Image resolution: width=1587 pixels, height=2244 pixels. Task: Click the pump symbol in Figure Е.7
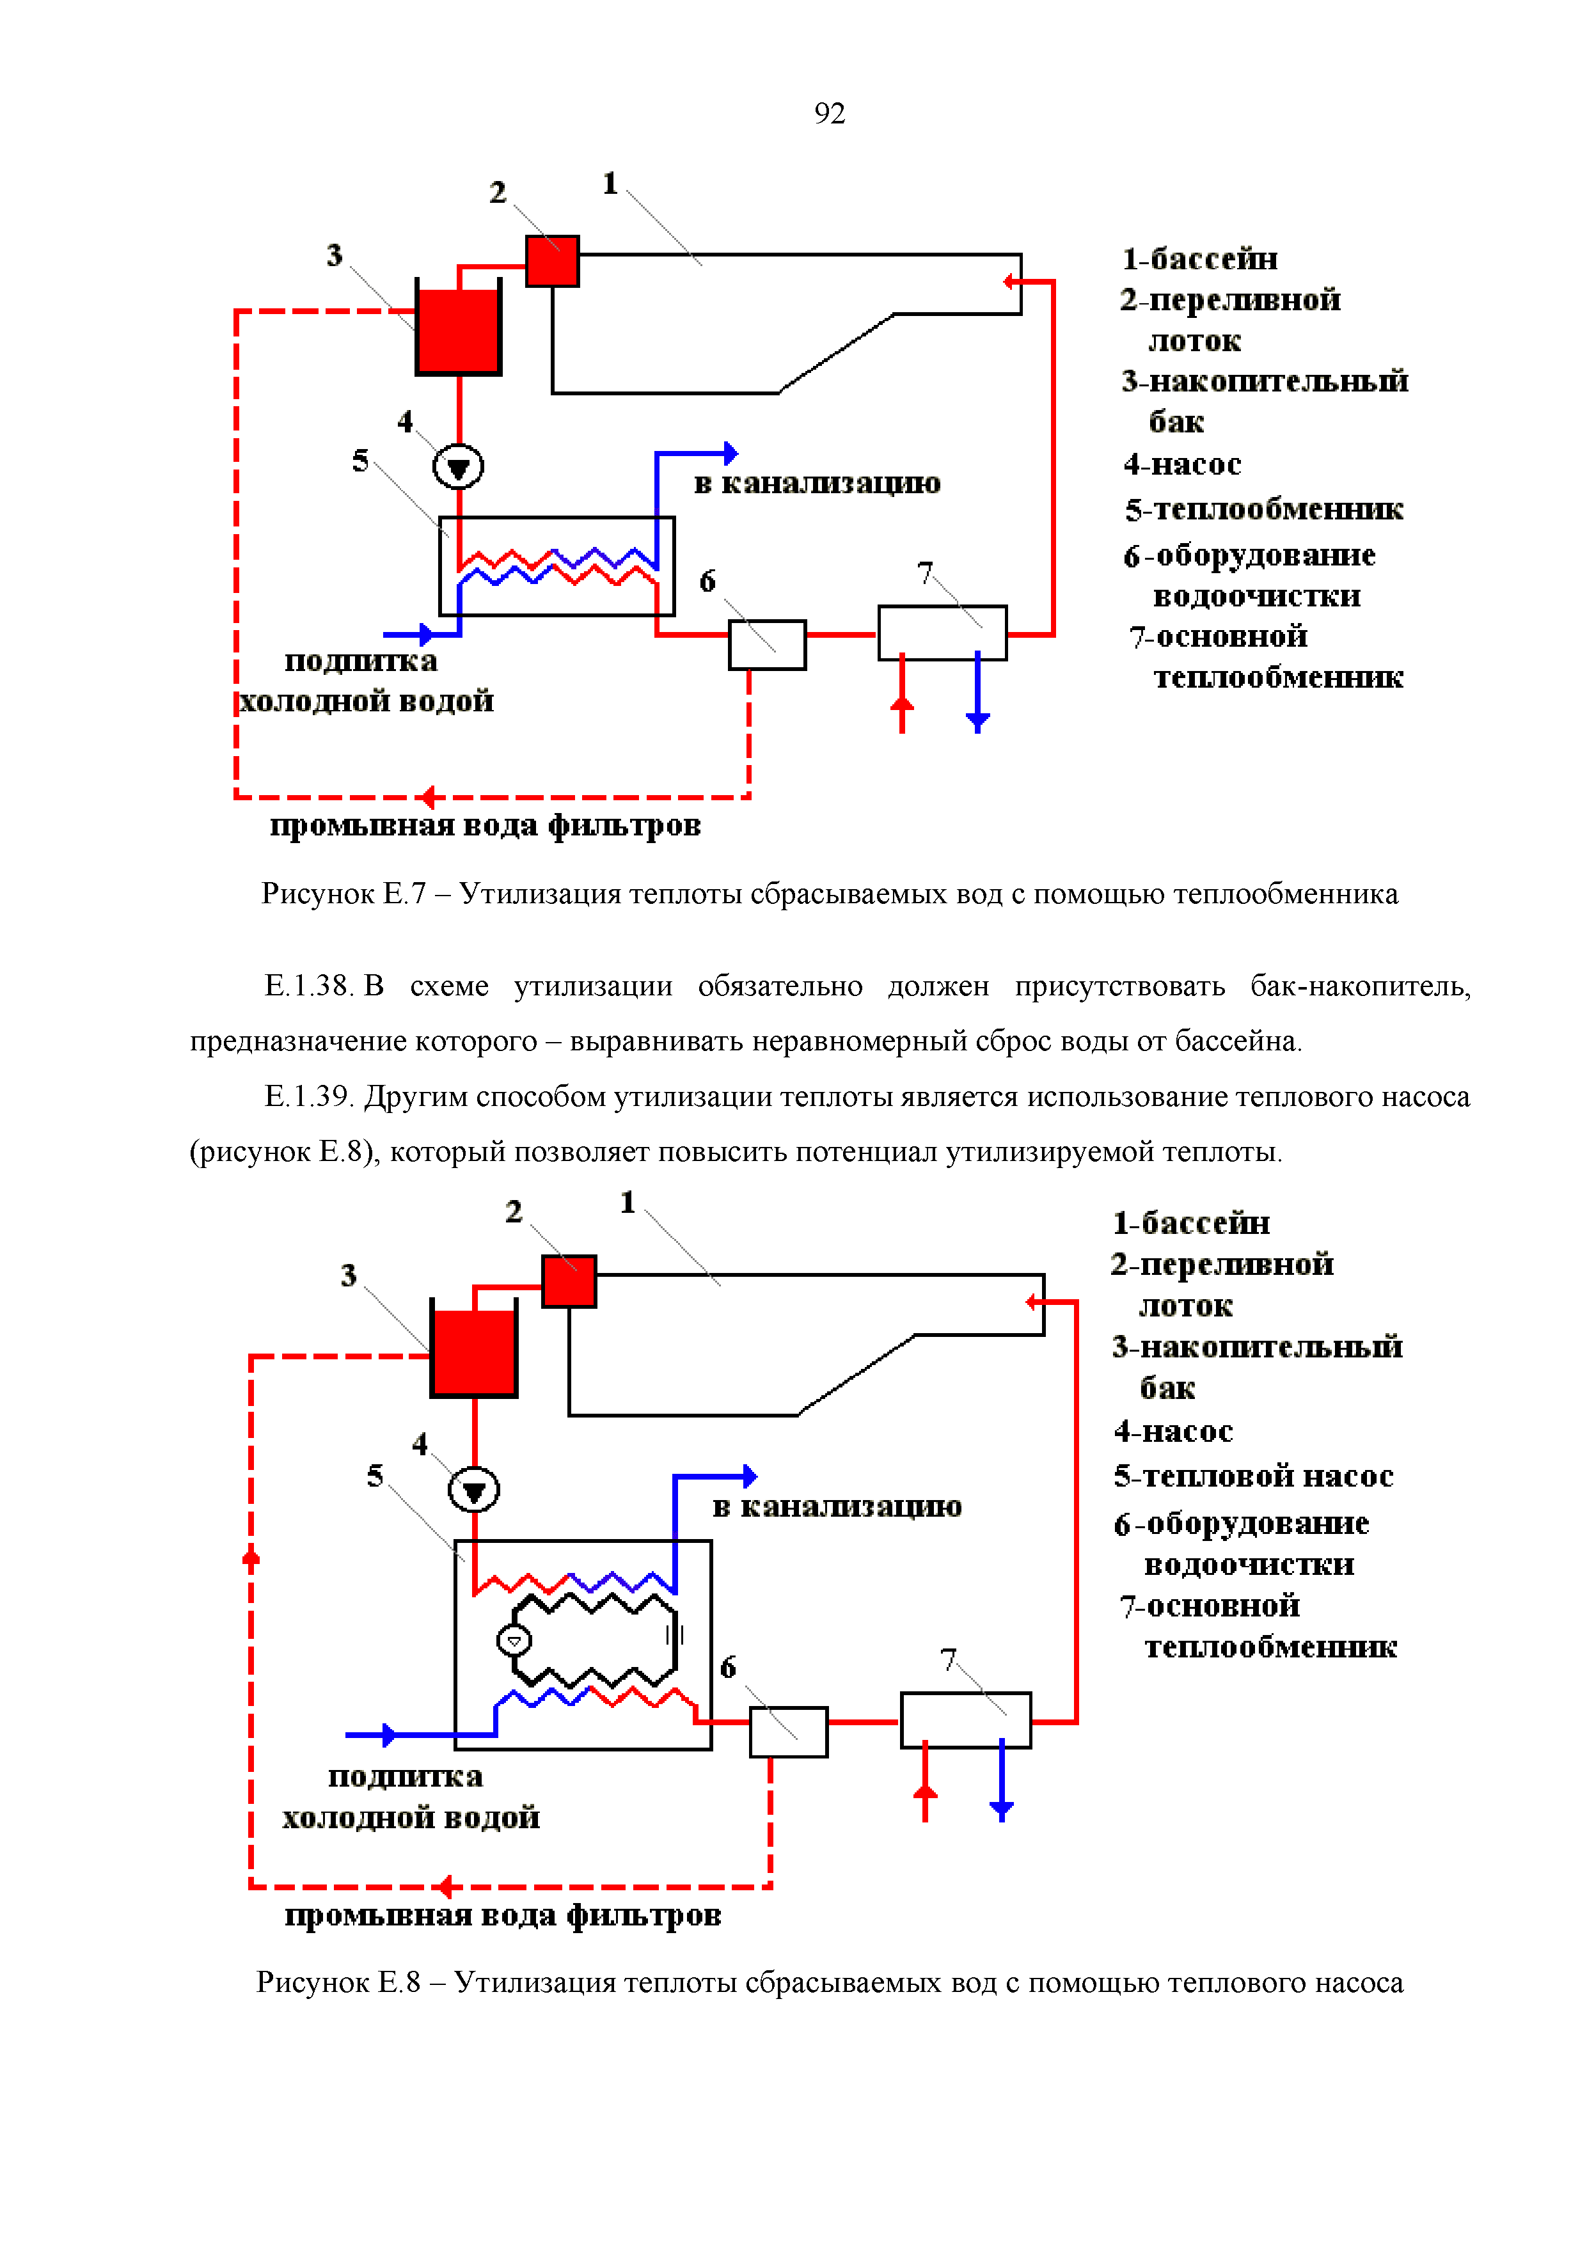coord(457,466)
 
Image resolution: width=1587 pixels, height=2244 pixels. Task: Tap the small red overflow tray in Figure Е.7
coord(552,261)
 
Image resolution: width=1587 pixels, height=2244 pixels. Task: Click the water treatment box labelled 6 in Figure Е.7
coord(767,645)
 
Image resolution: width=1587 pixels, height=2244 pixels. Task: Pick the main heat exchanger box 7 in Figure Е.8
coord(965,1720)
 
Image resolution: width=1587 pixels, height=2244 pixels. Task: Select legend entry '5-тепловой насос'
coord(1253,1476)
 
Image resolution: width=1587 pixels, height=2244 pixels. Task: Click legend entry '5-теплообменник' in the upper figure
coord(1263,509)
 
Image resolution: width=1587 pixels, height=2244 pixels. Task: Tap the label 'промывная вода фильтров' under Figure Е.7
coord(485,826)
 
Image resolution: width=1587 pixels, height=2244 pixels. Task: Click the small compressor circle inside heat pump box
coord(514,1640)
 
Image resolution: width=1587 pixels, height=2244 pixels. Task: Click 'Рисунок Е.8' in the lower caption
coord(338,1982)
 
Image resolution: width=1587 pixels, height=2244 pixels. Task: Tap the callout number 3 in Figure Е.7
coord(334,255)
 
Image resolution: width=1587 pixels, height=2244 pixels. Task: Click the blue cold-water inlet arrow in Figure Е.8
coord(388,1735)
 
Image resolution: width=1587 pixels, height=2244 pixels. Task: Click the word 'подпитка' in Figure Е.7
coord(361,661)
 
